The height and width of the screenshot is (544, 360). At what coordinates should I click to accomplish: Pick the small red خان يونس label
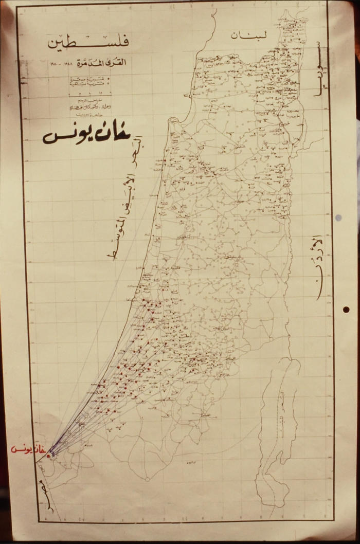tap(27, 449)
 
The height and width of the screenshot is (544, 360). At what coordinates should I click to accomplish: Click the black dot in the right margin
tap(346, 310)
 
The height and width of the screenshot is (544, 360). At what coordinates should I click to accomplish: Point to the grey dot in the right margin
tap(338, 218)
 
